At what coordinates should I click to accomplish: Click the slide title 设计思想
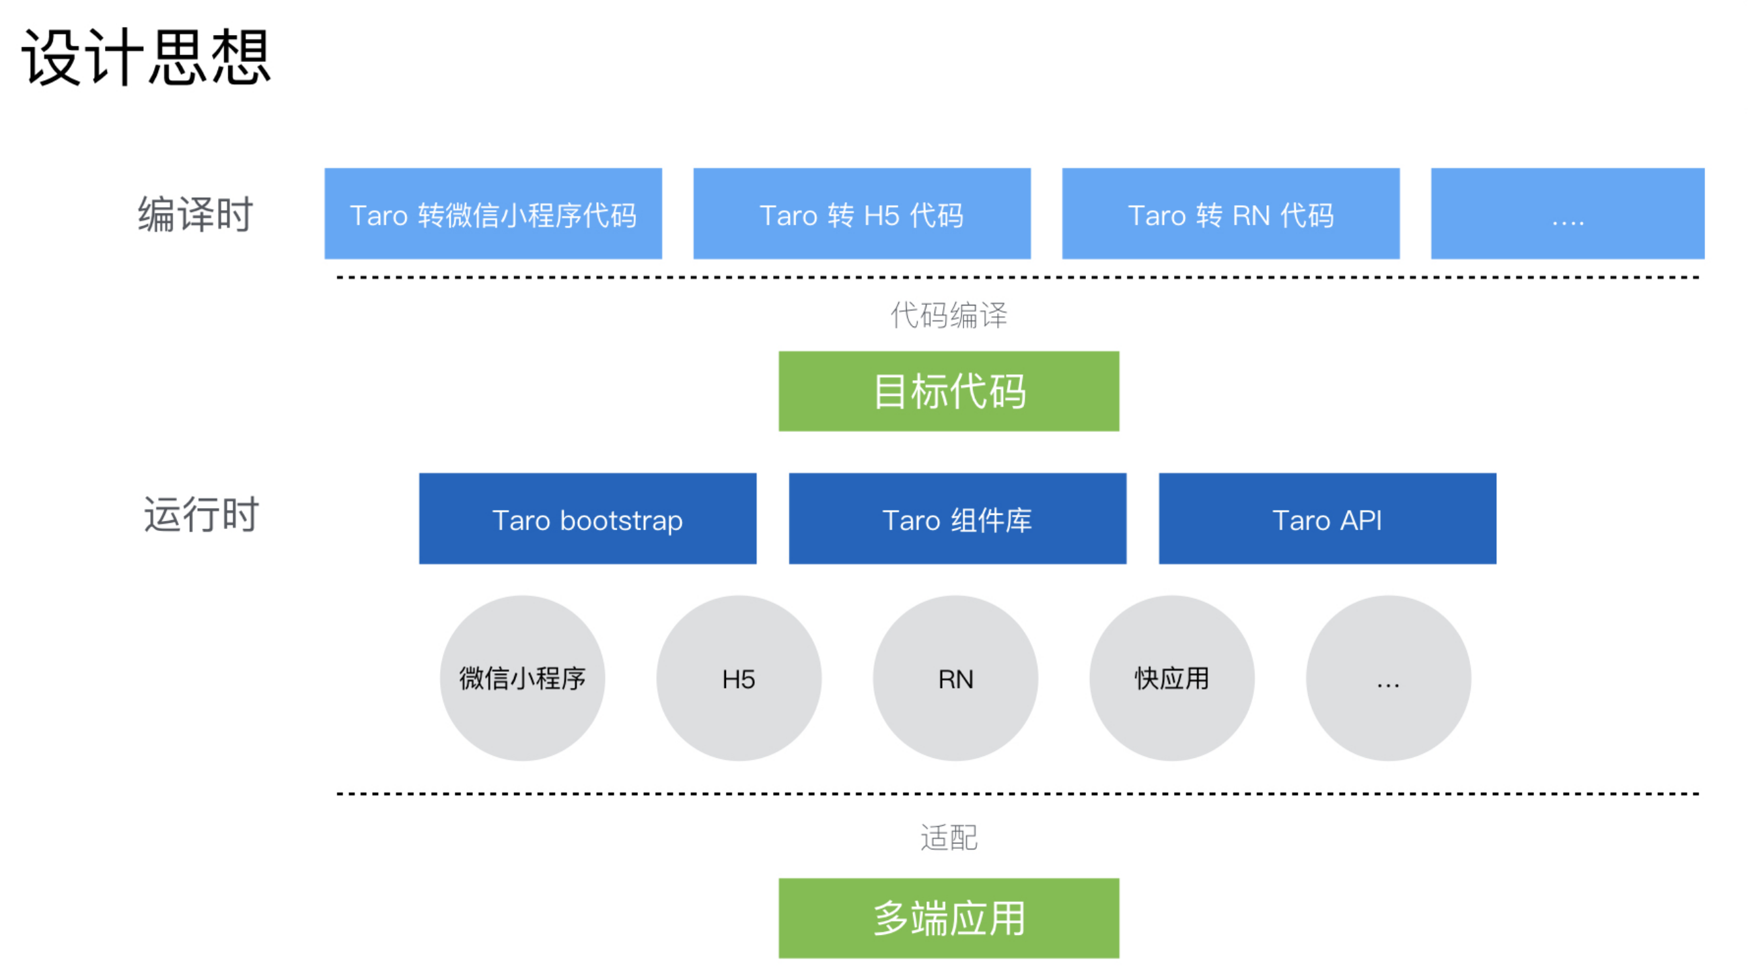point(147,57)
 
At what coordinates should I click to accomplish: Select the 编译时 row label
point(195,215)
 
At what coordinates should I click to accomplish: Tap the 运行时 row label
point(201,514)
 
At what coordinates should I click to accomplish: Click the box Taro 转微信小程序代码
point(493,214)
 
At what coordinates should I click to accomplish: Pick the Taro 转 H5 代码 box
point(862,214)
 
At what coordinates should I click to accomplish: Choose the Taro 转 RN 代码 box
point(1231,214)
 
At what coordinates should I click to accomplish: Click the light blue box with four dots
point(1568,214)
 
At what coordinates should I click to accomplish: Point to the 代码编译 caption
point(949,316)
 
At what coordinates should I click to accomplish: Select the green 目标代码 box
point(949,391)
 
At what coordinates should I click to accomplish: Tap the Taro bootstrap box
point(587,518)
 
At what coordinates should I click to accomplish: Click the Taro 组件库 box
point(957,518)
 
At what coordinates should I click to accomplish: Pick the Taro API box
point(1327,518)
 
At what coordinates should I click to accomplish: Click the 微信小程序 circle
point(523,678)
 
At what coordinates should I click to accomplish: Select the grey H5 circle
point(739,678)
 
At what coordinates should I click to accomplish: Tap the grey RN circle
point(955,678)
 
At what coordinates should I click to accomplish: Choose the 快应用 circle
point(1172,678)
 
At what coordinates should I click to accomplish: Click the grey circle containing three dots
point(1388,678)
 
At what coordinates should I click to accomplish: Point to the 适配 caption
point(949,837)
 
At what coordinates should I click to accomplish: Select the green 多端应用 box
point(949,918)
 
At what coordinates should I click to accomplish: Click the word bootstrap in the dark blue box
point(622,521)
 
